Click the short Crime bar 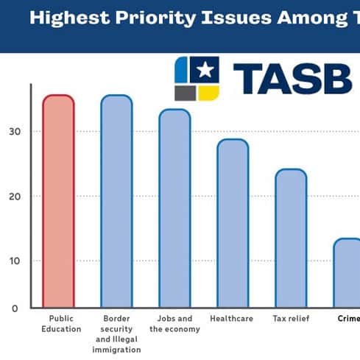347,272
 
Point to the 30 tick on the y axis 15,132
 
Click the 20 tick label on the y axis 15,197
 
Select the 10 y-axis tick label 15,261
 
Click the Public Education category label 60,324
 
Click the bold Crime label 348,319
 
